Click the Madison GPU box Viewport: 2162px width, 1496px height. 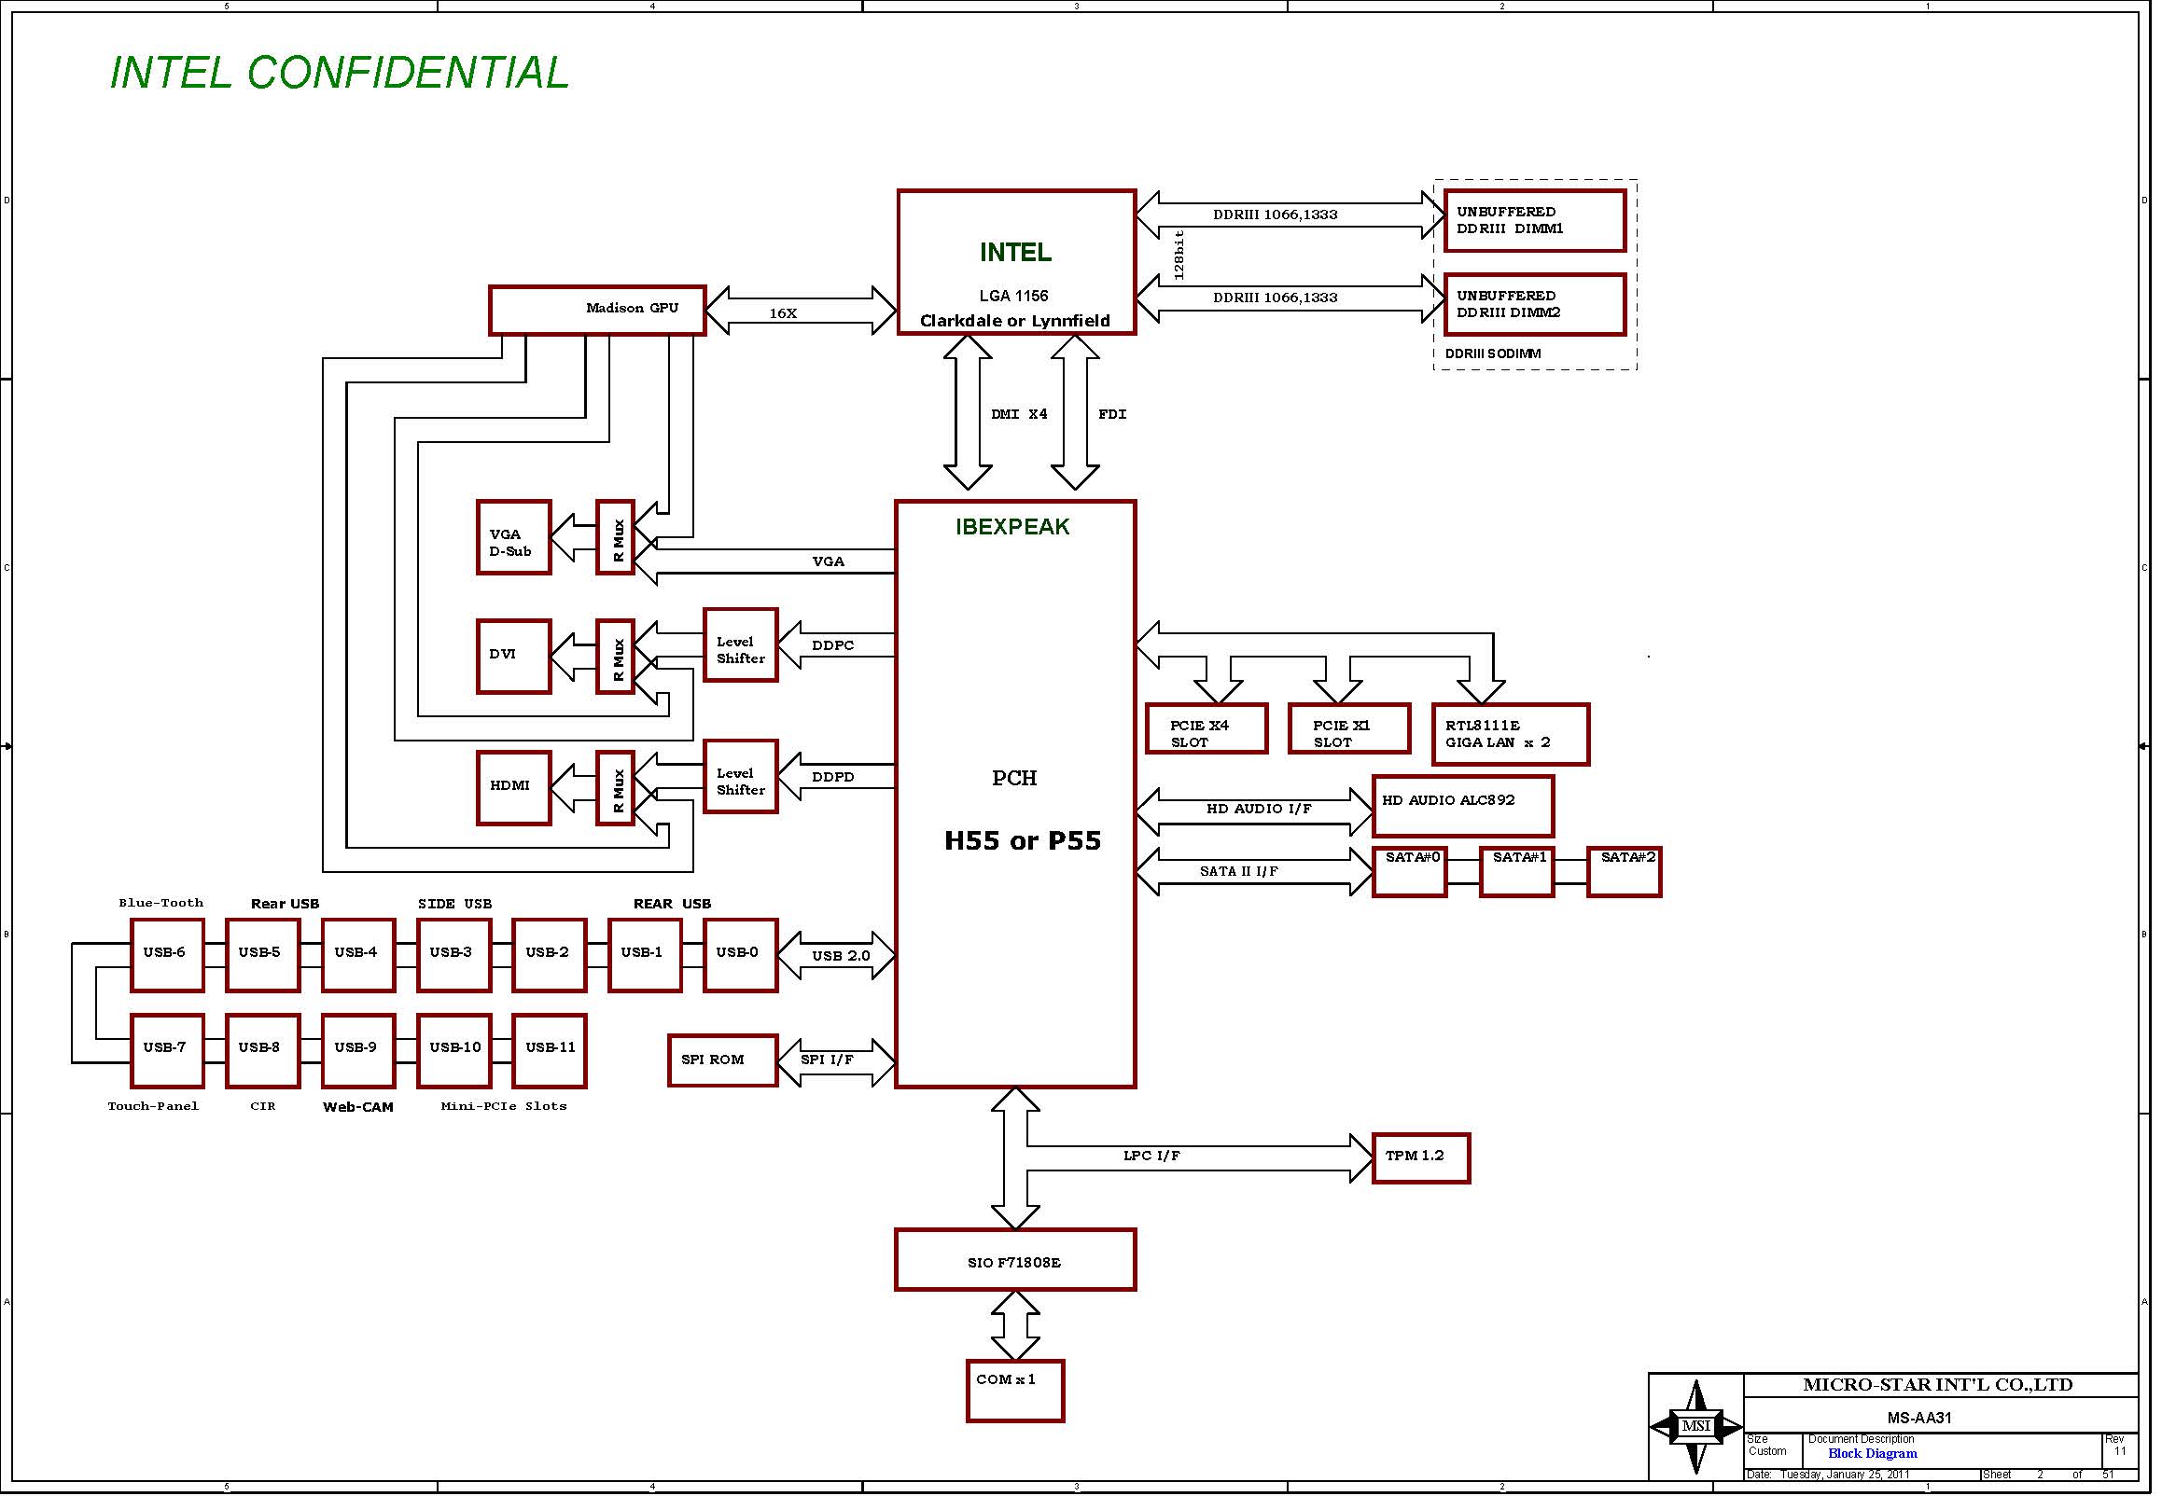(x=597, y=311)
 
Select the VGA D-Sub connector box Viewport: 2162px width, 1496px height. (x=513, y=538)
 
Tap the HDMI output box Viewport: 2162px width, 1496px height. (x=513, y=787)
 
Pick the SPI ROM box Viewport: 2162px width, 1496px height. (x=722, y=1060)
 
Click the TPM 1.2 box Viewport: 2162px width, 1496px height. (x=1420, y=1157)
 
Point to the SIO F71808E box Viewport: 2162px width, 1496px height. (x=1014, y=1260)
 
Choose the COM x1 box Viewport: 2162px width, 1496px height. (x=1014, y=1390)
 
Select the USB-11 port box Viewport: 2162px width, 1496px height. (x=550, y=1051)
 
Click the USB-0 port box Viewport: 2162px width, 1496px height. (x=740, y=955)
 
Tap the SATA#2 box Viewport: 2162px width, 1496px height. (x=1624, y=871)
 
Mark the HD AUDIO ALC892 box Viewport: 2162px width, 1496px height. (x=1461, y=805)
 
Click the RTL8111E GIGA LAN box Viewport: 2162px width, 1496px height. (x=1510, y=734)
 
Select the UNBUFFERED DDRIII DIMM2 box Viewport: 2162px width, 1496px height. (x=1534, y=304)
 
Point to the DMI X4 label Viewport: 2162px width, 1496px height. (x=1019, y=414)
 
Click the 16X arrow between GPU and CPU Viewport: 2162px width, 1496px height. (x=800, y=312)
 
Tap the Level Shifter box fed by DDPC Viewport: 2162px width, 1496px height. (x=740, y=644)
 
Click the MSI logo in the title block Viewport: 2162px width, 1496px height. (x=1696, y=1427)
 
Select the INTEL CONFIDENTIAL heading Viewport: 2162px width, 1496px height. (x=340, y=73)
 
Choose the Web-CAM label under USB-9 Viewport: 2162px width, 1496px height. (x=357, y=1107)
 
